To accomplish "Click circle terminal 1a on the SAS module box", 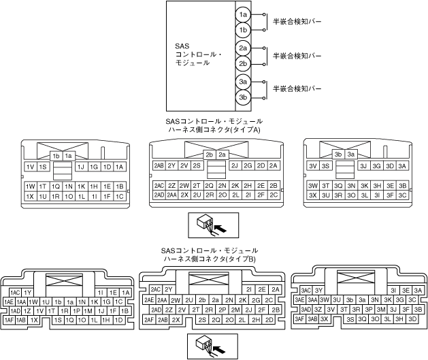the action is pos(243,14).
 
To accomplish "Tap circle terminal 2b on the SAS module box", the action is pos(243,63).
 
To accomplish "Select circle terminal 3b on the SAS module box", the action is pos(243,97).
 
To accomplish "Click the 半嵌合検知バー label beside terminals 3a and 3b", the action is pos(297,89).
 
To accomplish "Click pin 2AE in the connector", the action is pos(148,299).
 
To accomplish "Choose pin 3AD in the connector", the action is pos(301,308).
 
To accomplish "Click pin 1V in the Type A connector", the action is pos(30,166).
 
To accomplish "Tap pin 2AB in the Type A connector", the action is pos(159,165).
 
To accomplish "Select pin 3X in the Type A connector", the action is pos(313,195).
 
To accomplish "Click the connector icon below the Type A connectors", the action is pos(210,223).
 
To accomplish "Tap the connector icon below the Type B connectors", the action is pos(210,346).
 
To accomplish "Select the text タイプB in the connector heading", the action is pos(246,259).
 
